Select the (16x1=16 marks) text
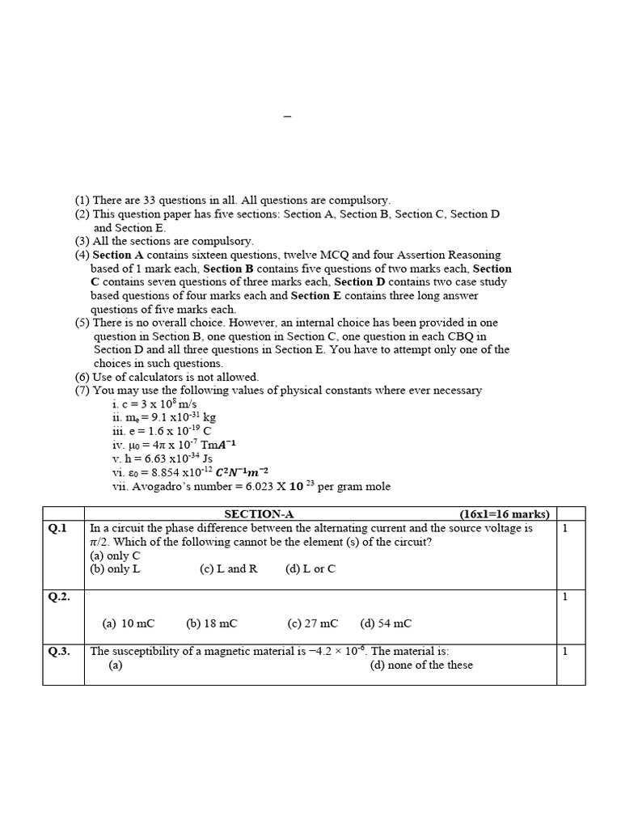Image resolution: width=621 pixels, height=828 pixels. [505, 514]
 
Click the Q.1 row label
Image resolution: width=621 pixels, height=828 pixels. [58, 528]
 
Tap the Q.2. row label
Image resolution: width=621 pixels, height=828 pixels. [60, 597]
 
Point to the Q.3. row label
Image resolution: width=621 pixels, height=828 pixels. [60, 652]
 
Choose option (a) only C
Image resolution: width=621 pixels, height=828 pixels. [115, 556]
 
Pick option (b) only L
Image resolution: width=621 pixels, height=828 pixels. [115, 569]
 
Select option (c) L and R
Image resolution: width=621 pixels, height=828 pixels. [228, 569]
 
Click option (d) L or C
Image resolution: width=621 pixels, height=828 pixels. [310, 569]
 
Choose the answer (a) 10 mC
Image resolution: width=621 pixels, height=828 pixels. [128, 623]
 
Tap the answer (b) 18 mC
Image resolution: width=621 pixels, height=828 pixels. [212, 623]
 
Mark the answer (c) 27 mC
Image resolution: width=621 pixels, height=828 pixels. [312, 623]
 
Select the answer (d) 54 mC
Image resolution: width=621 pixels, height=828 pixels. [386, 623]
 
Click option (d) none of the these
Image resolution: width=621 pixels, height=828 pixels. [421, 665]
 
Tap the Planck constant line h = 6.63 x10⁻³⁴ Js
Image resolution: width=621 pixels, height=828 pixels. [162, 458]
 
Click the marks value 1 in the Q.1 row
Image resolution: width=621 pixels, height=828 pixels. [565, 528]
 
